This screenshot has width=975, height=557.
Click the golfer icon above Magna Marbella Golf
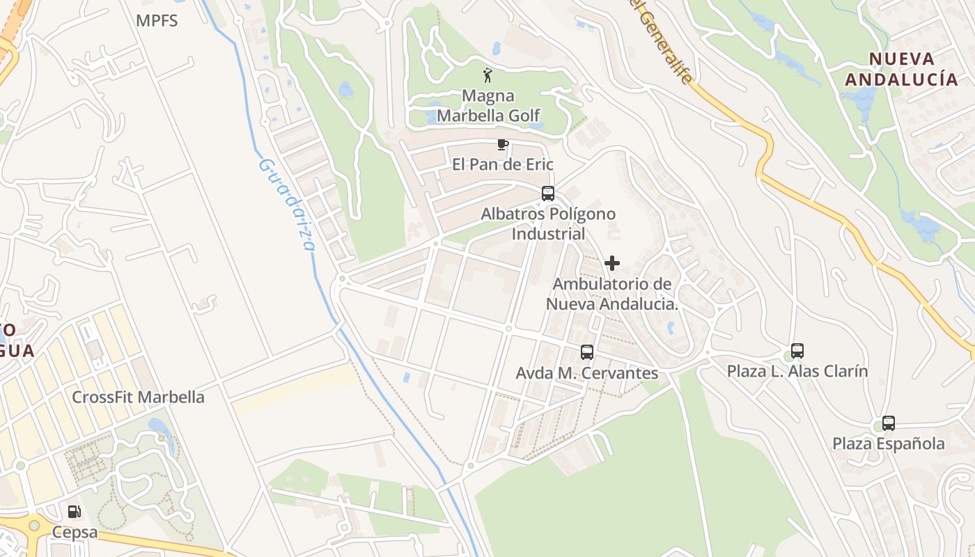[x=487, y=75]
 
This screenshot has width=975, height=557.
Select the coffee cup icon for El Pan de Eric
[x=502, y=145]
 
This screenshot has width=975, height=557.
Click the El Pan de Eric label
[x=502, y=164]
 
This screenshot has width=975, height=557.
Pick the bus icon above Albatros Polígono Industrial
[x=548, y=194]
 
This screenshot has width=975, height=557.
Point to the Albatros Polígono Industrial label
[x=548, y=223]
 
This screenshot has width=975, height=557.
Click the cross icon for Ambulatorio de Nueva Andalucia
[x=612, y=263]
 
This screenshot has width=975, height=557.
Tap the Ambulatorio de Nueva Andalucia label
[x=612, y=294]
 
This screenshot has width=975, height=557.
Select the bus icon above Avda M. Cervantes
[x=587, y=352]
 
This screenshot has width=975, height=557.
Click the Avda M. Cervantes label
[x=587, y=373]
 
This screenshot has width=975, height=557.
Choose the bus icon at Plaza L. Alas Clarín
[x=797, y=351]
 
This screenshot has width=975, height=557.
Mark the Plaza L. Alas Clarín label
[x=797, y=371]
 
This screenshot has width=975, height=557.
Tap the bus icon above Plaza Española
[x=889, y=423]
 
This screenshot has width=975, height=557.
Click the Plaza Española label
[x=889, y=444]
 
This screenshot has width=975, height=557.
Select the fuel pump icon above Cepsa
[x=75, y=512]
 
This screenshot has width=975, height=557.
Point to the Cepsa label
[x=75, y=533]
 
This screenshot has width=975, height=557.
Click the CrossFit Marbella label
[x=139, y=397]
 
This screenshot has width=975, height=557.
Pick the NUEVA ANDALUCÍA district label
[x=902, y=69]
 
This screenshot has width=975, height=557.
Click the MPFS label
[x=157, y=21]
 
